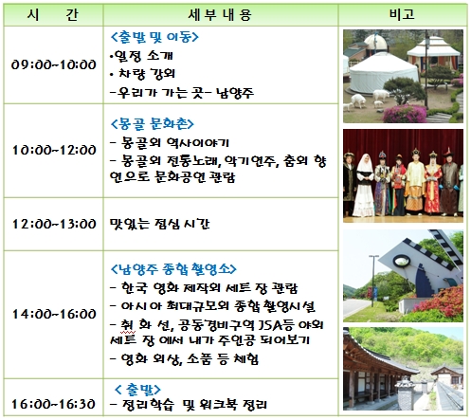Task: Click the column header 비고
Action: (x=402, y=14)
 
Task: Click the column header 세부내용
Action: (x=220, y=15)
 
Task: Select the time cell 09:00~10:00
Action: (x=54, y=64)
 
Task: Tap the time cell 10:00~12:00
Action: (x=54, y=150)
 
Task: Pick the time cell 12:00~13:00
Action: (x=54, y=224)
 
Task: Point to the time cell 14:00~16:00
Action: (x=54, y=314)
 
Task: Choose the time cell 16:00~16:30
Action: (x=54, y=404)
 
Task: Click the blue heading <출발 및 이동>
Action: (x=154, y=37)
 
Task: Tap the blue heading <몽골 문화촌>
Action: (x=153, y=123)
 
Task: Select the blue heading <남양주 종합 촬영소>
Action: (x=173, y=269)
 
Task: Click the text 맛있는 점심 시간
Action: (x=159, y=224)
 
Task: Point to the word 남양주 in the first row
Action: (x=235, y=93)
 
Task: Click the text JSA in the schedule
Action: (x=269, y=325)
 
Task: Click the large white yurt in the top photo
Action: (x=383, y=74)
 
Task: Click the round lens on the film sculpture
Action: (x=402, y=261)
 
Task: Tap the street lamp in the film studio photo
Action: (x=373, y=281)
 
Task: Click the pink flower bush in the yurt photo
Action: (x=405, y=114)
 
